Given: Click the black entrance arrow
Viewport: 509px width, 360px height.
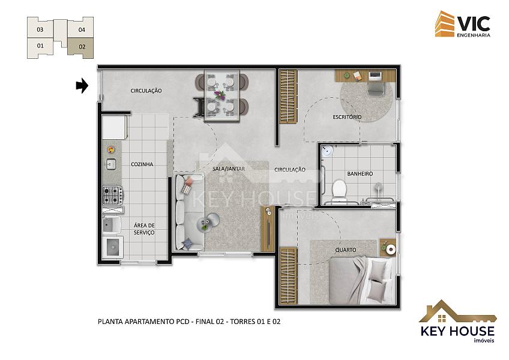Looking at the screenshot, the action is click(82, 86).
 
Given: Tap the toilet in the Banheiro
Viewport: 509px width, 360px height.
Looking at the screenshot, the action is click(340, 189).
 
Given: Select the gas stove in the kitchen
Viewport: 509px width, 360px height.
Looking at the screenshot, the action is click(113, 195).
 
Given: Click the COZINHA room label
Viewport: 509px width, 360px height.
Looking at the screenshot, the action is click(142, 164).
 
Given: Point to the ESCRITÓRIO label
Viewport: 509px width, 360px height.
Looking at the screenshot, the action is click(347, 117).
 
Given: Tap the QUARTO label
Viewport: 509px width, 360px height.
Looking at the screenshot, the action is click(346, 250).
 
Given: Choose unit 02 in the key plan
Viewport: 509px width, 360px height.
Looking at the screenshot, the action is click(80, 47).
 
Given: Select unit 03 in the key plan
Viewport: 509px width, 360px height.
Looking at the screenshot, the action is click(40, 29).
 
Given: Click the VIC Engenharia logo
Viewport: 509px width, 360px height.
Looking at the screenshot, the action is click(463, 24).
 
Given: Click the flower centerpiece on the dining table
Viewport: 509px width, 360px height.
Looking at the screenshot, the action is click(220, 95).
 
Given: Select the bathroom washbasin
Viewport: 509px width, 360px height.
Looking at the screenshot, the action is click(327, 151).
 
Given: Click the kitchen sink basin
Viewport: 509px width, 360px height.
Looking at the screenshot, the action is click(111, 164).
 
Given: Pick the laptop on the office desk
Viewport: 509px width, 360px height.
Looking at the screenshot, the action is click(375, 76).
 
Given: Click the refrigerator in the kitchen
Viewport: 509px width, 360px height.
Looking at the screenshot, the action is click(114, 127).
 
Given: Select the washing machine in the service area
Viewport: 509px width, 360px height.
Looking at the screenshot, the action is click(113, 247).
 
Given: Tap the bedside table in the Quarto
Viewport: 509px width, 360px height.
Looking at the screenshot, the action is click(388, 248).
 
